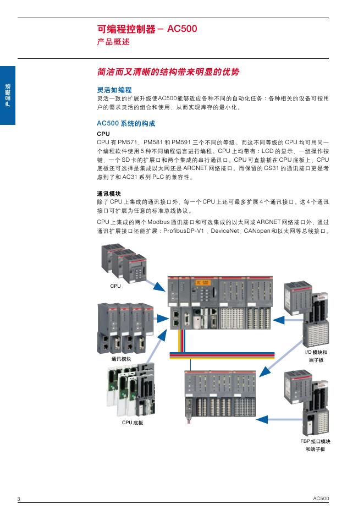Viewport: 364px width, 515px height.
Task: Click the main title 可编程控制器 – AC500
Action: (146, 29)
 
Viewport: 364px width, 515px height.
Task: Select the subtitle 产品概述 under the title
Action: (113, 42)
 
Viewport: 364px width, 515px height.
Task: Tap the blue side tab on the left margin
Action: (8, 95)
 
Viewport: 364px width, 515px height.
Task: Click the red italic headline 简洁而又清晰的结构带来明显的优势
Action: (168, 72)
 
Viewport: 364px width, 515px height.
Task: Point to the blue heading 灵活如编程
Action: (114, 89)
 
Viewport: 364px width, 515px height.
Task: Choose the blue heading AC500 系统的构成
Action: (126, 124)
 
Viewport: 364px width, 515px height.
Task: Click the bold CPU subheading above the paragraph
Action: (103, 134)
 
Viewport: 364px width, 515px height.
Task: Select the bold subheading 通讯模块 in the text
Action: (108, 194)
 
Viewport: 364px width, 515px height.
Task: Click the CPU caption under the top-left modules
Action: (115, 286)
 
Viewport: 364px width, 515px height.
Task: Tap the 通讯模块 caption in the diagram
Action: (121, 359)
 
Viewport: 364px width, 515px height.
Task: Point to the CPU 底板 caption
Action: (133, 423)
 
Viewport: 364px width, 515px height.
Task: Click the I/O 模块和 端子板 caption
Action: (316, 355)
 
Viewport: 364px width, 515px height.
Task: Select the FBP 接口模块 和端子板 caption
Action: (315, 445)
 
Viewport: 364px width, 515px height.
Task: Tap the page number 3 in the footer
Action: (19, 498)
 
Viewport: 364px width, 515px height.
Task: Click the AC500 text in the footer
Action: (321, 498)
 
